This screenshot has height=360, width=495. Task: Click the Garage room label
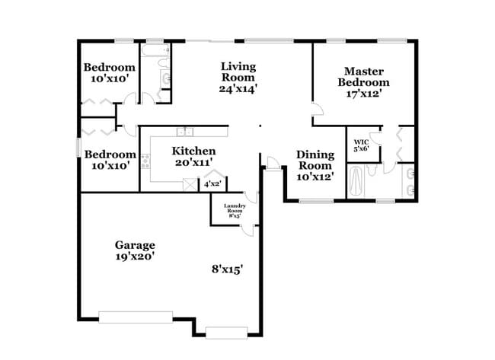135,245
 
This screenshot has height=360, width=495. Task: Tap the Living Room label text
238,72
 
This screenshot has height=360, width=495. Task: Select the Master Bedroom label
363,77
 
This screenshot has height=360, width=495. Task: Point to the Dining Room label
315,160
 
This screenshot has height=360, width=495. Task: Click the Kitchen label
193,151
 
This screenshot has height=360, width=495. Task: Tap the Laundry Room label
234,207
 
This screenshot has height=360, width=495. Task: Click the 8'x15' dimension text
227,269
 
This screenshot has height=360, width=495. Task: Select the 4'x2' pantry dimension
212,183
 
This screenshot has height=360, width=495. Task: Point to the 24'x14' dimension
238,88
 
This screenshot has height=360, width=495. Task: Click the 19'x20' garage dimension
135,257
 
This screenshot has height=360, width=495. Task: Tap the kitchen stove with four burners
145,161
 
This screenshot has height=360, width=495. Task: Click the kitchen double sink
184,132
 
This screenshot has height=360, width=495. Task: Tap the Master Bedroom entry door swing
315,110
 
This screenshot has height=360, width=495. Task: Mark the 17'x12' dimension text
363,94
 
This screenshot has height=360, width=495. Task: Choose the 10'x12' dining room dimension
315,177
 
